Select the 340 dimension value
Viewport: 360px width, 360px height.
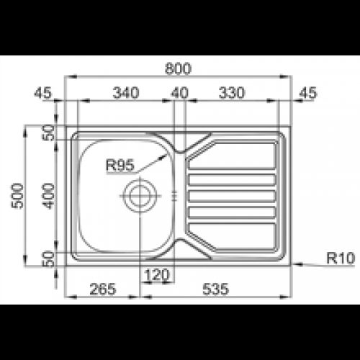pyautogui.click(x=127, y=92)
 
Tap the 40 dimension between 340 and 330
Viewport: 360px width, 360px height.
pyautogui.click(x=179, y=92)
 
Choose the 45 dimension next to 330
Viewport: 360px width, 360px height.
pyautogui.click(x=308, y=92)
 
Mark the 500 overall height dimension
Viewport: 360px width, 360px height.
pyautogui.click(x=20, y=195)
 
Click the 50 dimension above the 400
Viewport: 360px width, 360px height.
pyautogui.click(x=48, y=132)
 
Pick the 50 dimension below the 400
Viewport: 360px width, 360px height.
pyautogui.click(x=48, y=259)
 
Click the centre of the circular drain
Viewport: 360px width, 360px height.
pyautogui.click(x=139, y=194)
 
